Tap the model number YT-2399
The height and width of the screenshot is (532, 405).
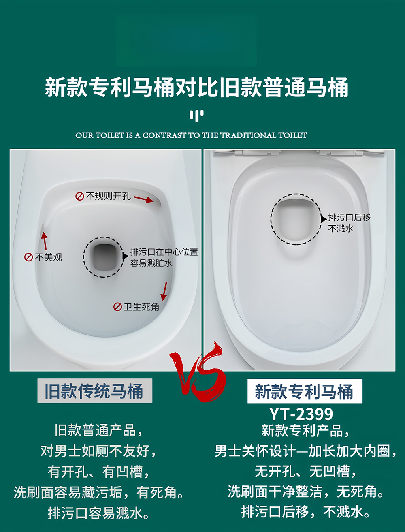(x=301, y=414)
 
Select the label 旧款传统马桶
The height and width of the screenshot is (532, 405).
(x=95, y=391)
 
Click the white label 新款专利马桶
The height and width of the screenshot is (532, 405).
(x=305, y=391)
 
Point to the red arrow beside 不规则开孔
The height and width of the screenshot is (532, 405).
(x=144, y=199)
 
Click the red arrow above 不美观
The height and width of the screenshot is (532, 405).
(x=44, y=240)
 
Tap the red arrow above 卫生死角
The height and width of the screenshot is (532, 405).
(x=164, y=291)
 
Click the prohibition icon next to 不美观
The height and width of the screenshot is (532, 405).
(x=29, y=257)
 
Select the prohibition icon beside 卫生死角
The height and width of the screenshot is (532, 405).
(x=117, y=307)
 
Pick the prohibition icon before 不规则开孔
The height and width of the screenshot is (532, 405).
(x=80, y=197)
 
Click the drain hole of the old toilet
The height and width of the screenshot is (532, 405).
(x=104, y=257)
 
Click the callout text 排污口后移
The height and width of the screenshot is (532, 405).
(x=350, y=218)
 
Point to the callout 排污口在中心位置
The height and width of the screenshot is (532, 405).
(x=164, y=252)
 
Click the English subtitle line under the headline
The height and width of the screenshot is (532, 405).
(x=191, y=135)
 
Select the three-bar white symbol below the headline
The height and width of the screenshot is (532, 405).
(x=196, y=115)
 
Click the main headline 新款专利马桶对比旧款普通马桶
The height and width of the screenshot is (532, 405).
(x=197, y=88)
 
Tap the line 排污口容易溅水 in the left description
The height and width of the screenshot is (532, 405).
(x=99, y=513)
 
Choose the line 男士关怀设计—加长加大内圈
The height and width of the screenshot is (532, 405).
(x=305, y=451)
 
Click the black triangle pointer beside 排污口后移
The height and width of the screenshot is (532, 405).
(x=324, y=218)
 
